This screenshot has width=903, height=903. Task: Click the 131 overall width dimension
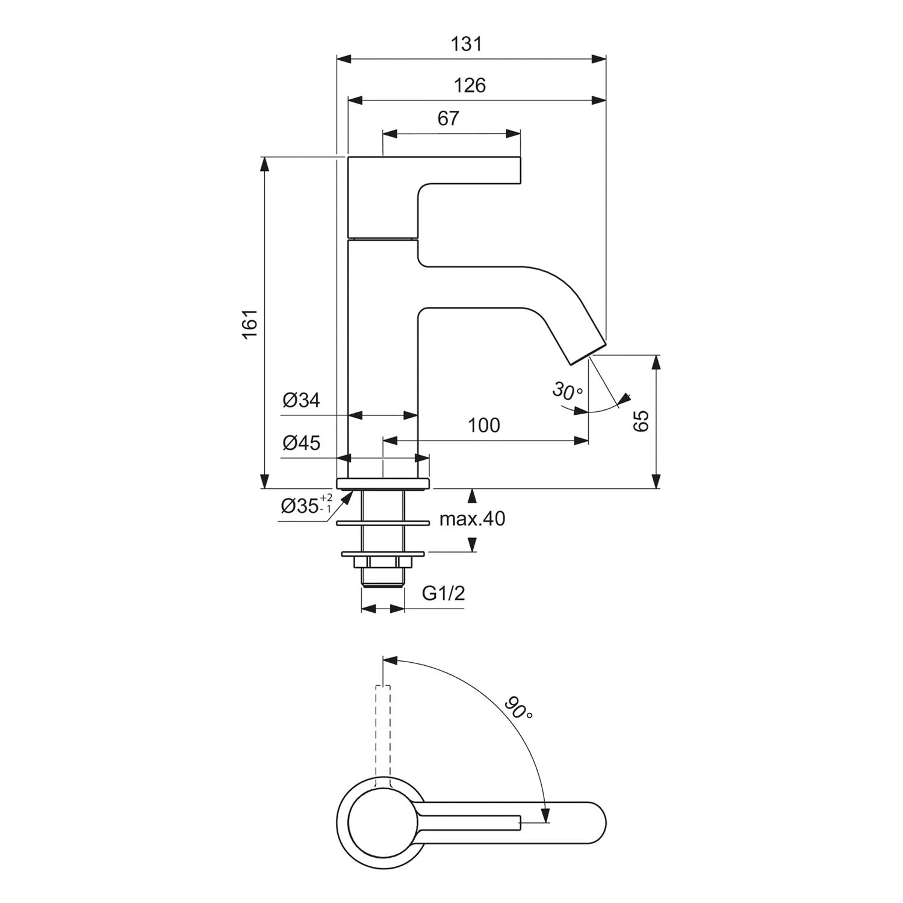467,45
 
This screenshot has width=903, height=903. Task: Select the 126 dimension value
470,85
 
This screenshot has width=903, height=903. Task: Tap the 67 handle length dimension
448,119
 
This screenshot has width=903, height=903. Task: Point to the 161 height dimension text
250,323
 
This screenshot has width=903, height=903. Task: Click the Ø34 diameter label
301,400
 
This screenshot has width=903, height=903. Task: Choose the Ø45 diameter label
301,444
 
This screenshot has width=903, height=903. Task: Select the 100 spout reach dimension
484,426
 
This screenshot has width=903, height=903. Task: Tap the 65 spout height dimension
642,421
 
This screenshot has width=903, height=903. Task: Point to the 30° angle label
566,391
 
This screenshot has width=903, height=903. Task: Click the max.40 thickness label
472,518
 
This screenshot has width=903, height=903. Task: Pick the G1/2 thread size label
443,594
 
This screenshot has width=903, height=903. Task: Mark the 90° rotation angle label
518,709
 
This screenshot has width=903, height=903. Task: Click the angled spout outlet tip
587,354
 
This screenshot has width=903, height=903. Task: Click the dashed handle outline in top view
383,734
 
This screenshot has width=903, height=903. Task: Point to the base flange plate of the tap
383,483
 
